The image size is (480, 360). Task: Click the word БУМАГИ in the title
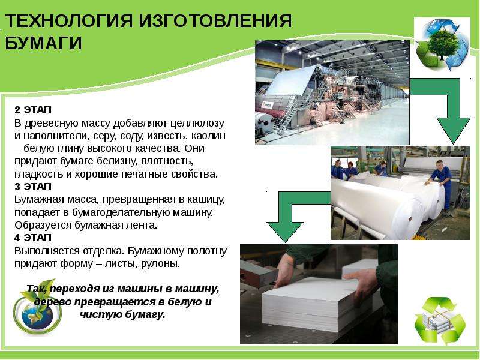coord(44,43)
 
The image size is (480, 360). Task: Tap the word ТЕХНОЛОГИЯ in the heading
coord(69,21)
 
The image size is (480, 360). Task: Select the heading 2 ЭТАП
coord(33,110)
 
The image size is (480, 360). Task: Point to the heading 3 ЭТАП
coord(33,187)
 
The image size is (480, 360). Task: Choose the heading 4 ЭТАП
coord(33,238)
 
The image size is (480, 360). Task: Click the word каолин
coord(208,136)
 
